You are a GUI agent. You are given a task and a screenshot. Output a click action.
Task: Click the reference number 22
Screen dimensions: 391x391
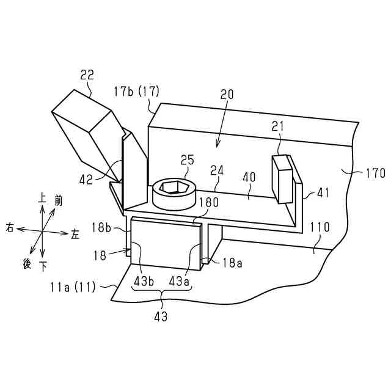click(x=87, y=75)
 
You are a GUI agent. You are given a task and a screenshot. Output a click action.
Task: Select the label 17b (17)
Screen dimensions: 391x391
click(x=136, y=92)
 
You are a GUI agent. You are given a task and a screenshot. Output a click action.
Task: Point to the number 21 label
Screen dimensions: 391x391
click(x=279, y=126)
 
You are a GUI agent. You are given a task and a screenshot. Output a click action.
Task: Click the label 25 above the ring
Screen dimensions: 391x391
click(x=187, y=161)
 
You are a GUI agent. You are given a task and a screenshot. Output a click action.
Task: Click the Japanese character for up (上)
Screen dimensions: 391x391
click(x=42, y=199)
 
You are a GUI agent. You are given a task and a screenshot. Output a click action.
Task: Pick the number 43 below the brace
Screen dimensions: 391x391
click(x=161, y=316)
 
